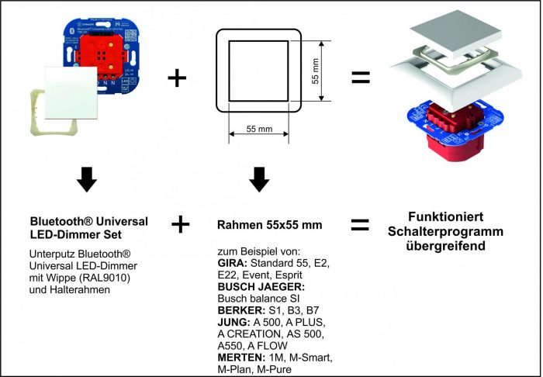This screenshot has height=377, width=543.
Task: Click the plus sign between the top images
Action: point(177,78)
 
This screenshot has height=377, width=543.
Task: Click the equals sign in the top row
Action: point(360,78)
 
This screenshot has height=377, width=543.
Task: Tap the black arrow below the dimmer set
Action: point(87,180)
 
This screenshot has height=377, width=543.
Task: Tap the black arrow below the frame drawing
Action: point(259,180)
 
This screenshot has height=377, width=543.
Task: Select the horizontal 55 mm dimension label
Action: point(258,127)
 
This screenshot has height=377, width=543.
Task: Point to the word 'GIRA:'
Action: point(233,265)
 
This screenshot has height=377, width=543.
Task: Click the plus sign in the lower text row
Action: point(180,225)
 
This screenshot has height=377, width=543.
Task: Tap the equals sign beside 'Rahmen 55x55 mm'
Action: point(360,225)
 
